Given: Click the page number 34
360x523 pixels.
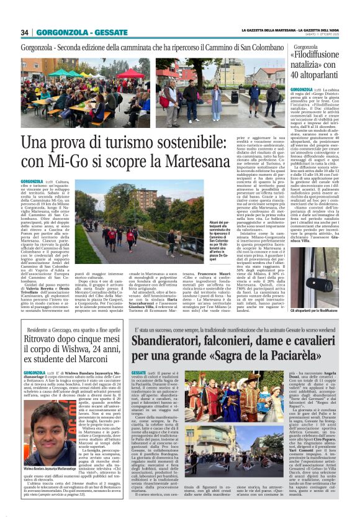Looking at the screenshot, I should tap(25, 32).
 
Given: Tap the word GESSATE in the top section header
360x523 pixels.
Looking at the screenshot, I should tap(112, 32).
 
